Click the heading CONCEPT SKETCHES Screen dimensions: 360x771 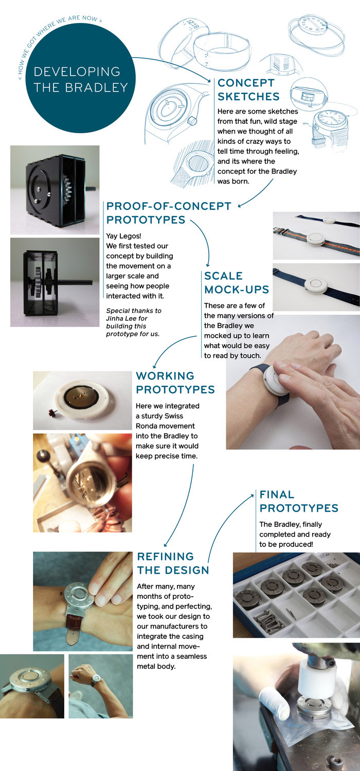click(248, 90)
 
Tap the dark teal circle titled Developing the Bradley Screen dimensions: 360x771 click(81, 79)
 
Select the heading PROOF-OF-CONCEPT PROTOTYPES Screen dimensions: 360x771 click(169, 213)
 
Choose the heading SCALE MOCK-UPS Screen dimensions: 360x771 click(237, 283)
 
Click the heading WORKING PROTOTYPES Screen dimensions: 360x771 click(175, 383)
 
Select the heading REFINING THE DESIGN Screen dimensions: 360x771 click(173, 563)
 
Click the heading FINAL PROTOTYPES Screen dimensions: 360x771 click(299, 501)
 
